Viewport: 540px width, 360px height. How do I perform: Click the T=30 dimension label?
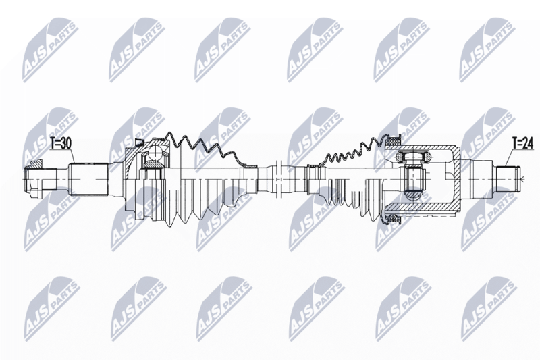(x=61, y=144)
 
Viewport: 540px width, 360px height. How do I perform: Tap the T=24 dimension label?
(x=522, y=143)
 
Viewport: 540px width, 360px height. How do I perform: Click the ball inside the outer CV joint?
(x=156, y=152)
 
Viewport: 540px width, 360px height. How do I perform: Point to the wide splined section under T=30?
(x=89, y=179)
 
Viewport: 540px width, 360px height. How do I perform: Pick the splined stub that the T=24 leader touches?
(x=507, y=179)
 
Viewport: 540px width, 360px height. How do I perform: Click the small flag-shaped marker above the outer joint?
(x=139, y=143)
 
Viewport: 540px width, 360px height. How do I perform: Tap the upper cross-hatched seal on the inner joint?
(x=393, y=141)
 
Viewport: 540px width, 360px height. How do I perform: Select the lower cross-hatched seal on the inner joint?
(x=393, y=218)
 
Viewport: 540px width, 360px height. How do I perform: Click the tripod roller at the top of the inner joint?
(x=413, y=157)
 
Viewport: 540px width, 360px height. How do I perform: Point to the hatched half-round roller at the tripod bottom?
(x=413, y=196)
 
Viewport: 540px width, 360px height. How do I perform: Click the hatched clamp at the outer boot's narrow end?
(x=248, y=166)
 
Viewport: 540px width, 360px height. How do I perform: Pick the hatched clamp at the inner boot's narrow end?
(x=316, y=166)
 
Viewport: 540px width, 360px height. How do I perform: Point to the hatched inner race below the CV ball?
(x=154, y=164)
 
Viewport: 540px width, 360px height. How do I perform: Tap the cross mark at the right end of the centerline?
(x=522, y=179)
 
